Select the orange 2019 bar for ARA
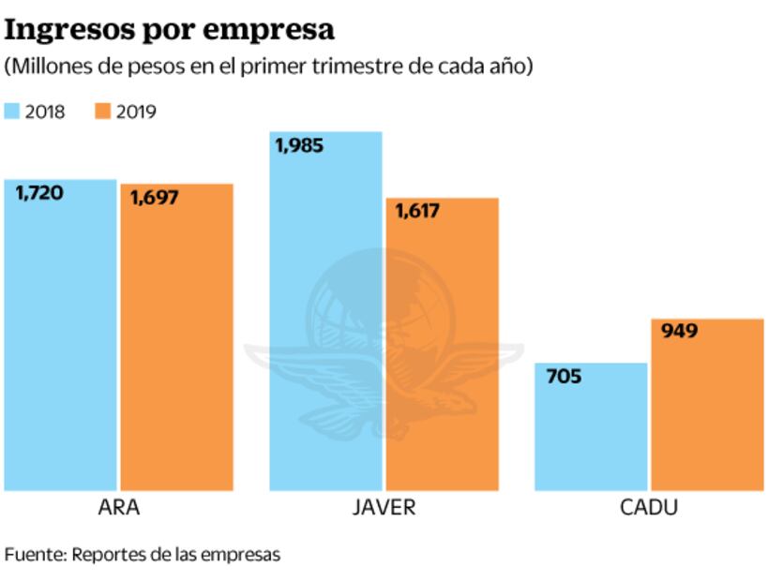pos(176,337)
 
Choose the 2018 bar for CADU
pos(591,426)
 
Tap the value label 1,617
pos(416,212)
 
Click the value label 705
pos(563,378)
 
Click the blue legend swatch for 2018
pos(12,112)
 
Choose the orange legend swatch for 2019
pos(102,112)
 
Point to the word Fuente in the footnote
pos(34,554)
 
